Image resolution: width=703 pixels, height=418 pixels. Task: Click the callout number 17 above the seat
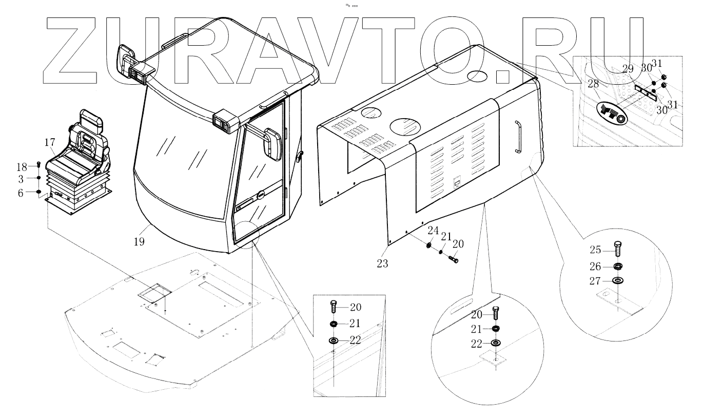49,141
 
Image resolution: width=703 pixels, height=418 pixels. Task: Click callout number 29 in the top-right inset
629,68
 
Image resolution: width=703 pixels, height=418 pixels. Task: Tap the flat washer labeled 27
618,280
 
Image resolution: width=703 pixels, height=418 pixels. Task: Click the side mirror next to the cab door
271,143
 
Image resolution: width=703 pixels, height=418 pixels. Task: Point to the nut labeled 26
618,266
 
